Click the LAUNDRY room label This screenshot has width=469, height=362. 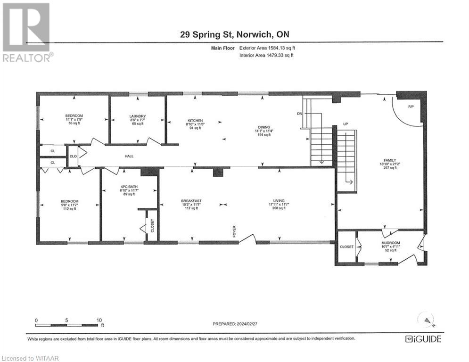click(x=138, y=116)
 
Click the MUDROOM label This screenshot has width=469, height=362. click(x=390, y=243)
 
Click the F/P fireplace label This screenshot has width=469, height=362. click(x=410, y=107)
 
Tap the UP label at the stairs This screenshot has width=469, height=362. click(x=345, y=123)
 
